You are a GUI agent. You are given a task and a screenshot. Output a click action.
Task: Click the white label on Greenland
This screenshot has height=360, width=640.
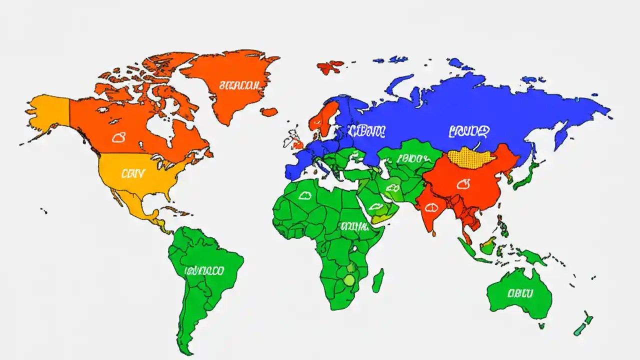click(239, 85)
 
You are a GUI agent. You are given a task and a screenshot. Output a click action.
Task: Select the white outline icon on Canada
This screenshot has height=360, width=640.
click(118, 137)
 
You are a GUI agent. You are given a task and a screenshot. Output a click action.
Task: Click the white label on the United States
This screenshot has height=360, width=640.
click(133, 173)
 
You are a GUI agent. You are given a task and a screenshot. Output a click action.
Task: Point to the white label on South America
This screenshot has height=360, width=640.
click(204, 271)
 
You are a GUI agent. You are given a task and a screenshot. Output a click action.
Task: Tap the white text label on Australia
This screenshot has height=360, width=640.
click(520, 293)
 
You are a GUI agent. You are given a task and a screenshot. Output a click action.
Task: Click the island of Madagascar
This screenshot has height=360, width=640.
click(378, 280)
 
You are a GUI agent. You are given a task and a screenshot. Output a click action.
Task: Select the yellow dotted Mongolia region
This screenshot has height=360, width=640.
click(471, 157)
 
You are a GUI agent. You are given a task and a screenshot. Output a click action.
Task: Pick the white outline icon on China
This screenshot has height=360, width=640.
click(463, 184)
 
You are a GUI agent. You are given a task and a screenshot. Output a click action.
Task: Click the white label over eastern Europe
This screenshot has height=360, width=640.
click(366, 131)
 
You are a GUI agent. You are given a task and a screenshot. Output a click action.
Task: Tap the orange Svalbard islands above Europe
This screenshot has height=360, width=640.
click(330, 66)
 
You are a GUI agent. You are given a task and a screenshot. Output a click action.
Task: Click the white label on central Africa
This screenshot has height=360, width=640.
click(354, 226)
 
